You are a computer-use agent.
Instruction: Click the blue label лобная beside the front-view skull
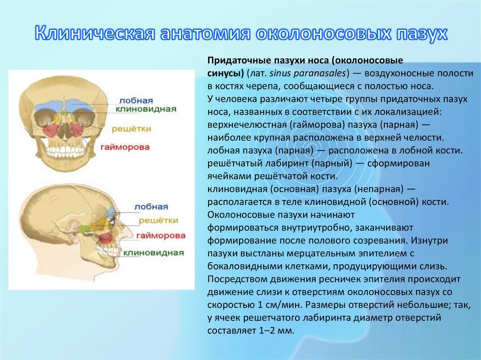(137, 101)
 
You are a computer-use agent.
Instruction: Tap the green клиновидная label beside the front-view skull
(147, 109)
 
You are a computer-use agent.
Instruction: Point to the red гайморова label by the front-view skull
(125, 147)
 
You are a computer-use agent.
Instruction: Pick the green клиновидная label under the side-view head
(153, 253)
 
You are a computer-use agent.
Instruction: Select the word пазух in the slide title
(420, 34)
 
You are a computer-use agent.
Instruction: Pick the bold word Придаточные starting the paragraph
(235, 61)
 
